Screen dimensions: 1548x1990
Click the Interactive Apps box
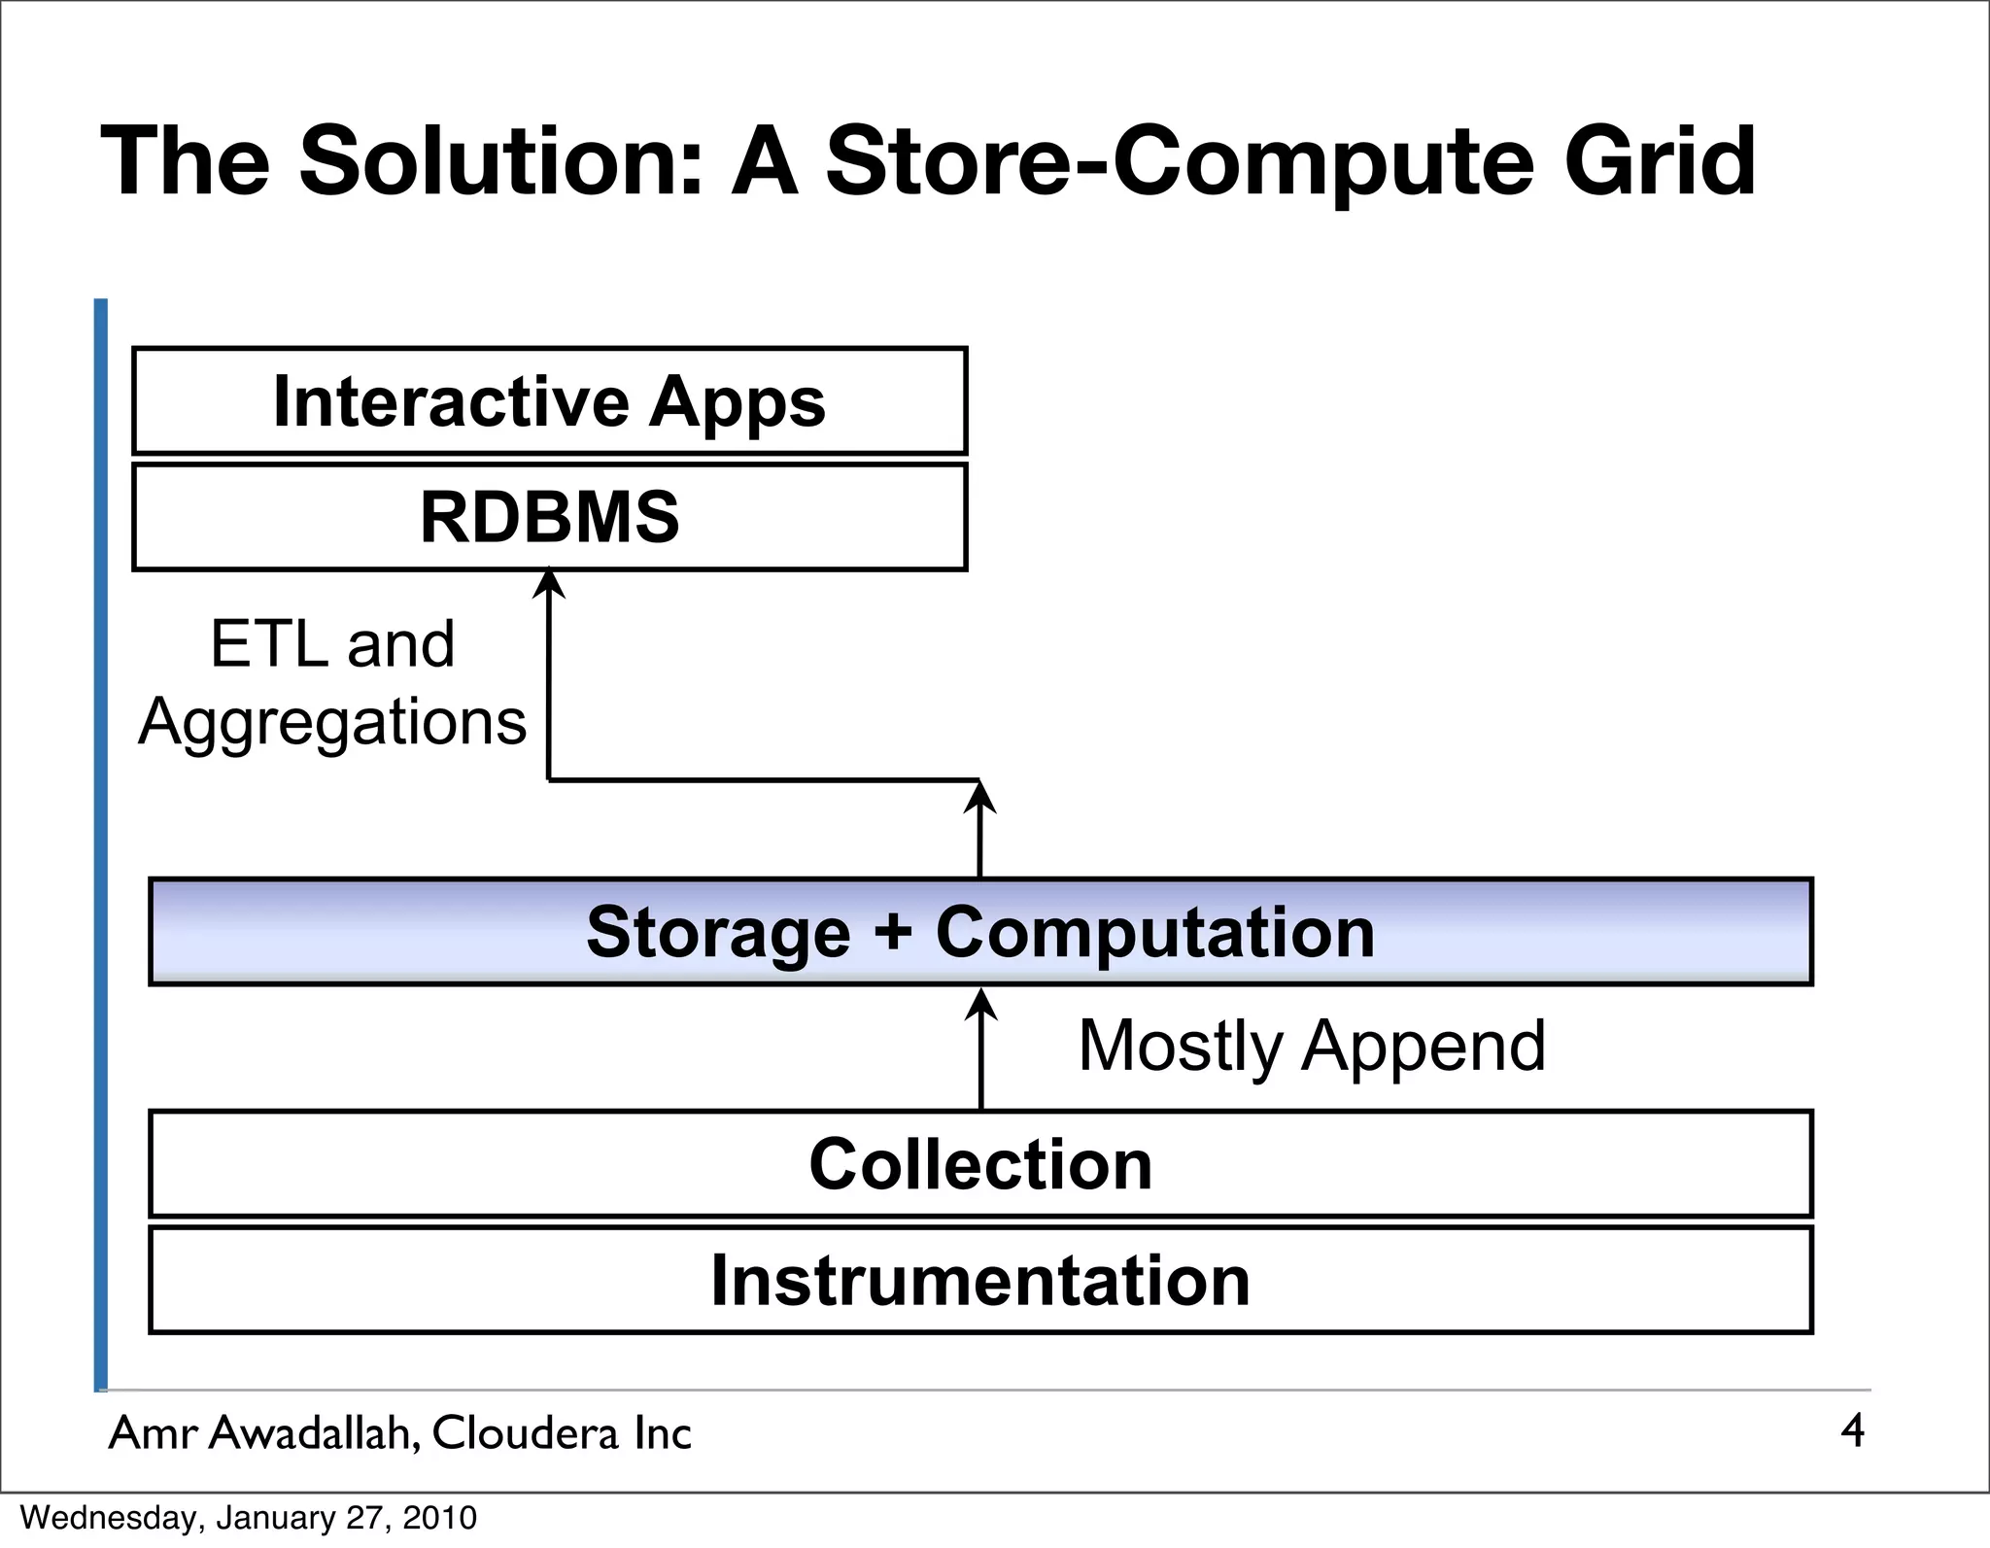(549, 401)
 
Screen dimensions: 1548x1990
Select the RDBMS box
(549, 517)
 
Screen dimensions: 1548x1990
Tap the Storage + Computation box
(980, 932)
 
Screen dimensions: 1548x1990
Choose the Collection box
(980, 1164)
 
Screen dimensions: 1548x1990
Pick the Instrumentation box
(980, 1280)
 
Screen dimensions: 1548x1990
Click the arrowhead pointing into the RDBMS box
(550, 583)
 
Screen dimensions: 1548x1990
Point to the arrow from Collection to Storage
(981, 1049)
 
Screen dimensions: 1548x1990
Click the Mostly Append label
(1312, 1046)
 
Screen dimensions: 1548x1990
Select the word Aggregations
(332, 723)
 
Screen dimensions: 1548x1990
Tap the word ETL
(268, 643)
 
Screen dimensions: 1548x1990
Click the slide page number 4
(1852, 1430)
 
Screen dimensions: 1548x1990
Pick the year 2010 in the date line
(440, 1518)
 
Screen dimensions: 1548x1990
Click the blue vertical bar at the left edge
(100, 845)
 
